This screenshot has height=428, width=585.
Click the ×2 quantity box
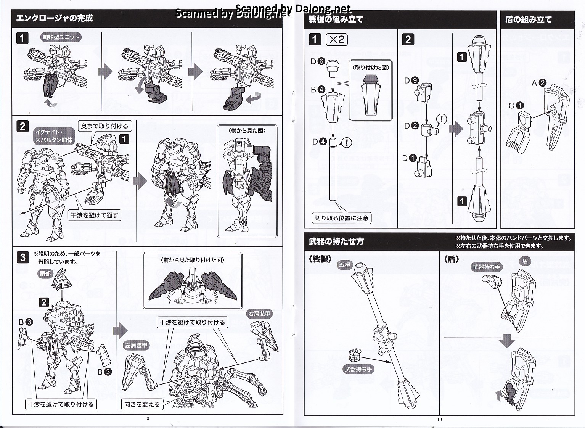(337, 39)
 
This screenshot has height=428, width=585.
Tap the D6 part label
(317, 61)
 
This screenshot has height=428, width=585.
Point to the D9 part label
(411, 80)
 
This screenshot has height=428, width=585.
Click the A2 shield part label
(539, 83)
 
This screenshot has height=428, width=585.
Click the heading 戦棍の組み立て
(336, 19)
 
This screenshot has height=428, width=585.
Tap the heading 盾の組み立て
(528, 19)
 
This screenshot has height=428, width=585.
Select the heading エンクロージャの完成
(55, 18)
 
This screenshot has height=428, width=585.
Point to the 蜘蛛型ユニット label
(61, 37)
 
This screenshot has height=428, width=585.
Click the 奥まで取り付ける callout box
(104, 126)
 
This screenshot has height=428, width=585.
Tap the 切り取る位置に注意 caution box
(341, 218)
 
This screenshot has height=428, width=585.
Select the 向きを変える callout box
(142, 404)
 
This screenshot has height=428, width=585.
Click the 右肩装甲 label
(259, 314)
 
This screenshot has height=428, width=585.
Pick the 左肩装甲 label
(136, 346)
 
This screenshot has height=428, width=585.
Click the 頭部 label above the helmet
(45, 274)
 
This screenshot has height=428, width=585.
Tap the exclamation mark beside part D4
(346, 143)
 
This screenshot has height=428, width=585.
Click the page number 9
(148, 418)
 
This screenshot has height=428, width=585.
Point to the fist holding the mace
(355, 356)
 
